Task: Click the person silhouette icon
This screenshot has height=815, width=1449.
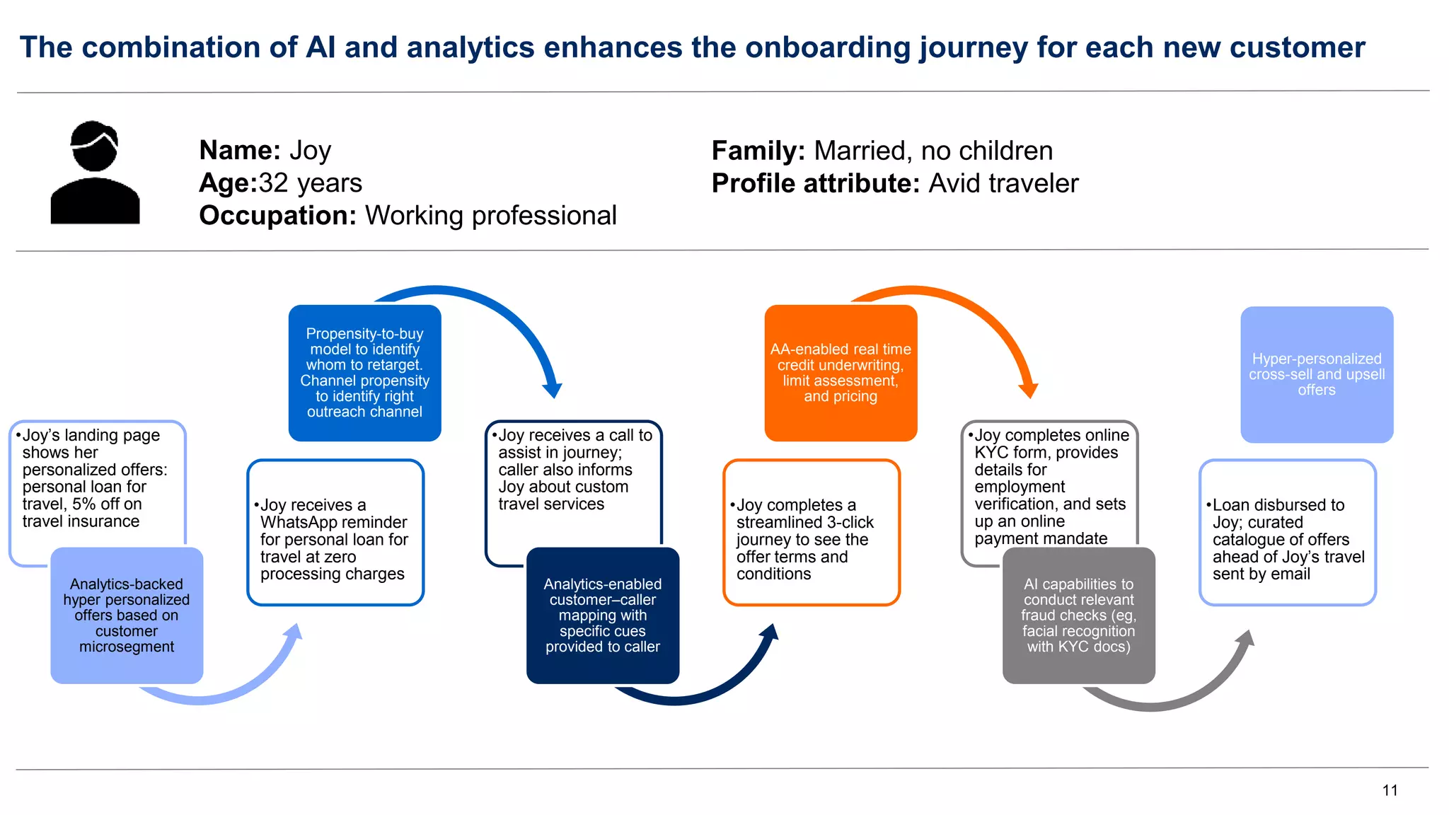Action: coord(95,173)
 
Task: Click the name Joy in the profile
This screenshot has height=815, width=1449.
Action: coord(310,151)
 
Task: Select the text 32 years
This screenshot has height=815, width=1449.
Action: coord(311,183)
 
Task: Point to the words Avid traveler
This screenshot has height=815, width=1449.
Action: coord(1003,184)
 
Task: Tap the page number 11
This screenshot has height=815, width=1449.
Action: coord(1390,790)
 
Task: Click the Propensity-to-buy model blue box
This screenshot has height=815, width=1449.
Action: coord(364,373)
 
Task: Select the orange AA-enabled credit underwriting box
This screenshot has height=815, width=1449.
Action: coord(841,373)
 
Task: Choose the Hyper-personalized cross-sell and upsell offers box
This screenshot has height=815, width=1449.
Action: coord(1317,374)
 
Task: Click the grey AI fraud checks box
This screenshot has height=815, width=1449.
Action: coord(1078,615)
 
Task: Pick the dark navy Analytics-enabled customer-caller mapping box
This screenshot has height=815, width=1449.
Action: coord(603,615)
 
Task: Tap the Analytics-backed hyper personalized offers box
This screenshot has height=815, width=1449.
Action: coord(127,615)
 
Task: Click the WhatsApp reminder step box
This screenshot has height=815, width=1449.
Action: coord(335,533)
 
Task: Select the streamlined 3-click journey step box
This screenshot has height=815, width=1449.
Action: coord(811,533)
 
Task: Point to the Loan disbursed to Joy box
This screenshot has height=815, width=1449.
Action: coord(1287,533)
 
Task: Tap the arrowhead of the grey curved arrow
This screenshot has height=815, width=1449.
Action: coord(1246,637)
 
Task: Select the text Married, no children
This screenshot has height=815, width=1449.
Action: coord(933,151)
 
